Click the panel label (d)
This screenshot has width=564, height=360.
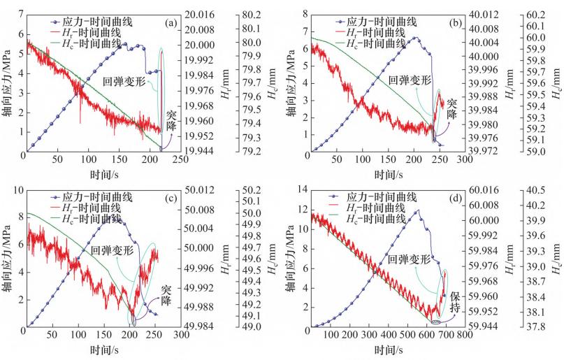click(456, 199)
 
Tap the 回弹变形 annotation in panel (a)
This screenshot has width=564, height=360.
click(124, 80)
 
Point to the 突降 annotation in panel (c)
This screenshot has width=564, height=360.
click(166, 294)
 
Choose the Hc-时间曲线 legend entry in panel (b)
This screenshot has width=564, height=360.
click(381, 43)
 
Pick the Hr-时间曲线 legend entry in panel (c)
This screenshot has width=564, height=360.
click(93, 208)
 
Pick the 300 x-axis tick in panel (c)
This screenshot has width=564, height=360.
click(182, 336)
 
